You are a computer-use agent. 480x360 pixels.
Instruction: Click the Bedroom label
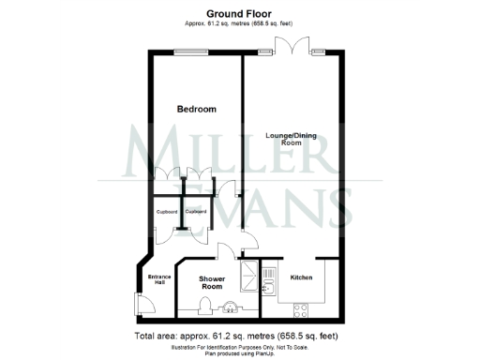[197, 110]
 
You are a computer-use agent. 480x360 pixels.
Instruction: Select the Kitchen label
[301, 277]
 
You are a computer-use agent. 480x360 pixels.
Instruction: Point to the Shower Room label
[214, 284]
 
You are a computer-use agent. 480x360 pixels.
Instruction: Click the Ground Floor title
[240, 14]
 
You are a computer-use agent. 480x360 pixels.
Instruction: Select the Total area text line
[240, 336]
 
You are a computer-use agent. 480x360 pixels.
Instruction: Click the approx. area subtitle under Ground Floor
[240, 24]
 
